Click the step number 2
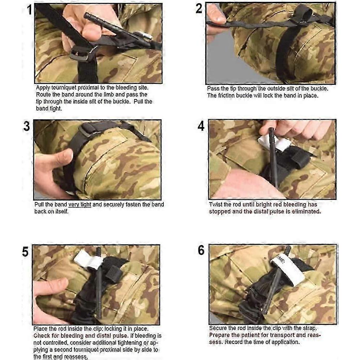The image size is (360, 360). point(199,8)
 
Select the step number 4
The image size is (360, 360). point(201,126)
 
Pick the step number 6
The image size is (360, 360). point(201,250)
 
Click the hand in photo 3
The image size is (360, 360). point(52,170)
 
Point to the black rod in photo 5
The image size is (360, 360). point(98,286)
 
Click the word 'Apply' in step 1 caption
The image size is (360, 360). point(43,88)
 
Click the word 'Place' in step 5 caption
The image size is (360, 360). point(41,329)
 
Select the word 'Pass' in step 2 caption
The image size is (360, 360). point(213,89)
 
